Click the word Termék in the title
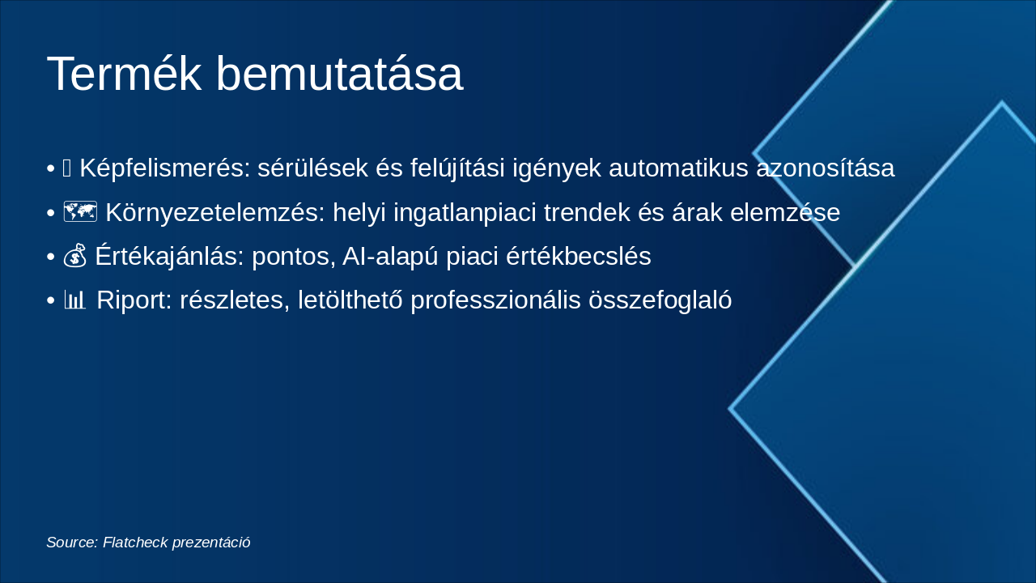pyautogui.click(x=125, y=74)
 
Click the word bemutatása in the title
pyautogui.click(x=339, y=74)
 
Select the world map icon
pyautogui.click(x=80, y=212)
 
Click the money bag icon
pyautogui.click(x=75, y=255)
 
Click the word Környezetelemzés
pyautogui.click(x=215, y=212)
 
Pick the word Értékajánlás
pyautogui.click(x=169, y=255)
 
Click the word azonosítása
pyautogui.click(x=825, y=168)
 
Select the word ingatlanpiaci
pyautogui.click(x=465, y=212)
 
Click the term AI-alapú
pyautogui.click(x=390, y=256)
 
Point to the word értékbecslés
pyautogui.click(x=579, y=256)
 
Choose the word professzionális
pyautogui.click(x=495, y=300)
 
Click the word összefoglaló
pyautogui.click(x=660, y=300)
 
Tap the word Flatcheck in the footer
pyautogui.click(x=135, y=542)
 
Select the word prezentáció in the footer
pyautogui.click(x=211, y=543)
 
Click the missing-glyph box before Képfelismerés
pyautogui.click(x=66, y=168)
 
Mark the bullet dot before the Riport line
pyautogui.click(x=51, y=300)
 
